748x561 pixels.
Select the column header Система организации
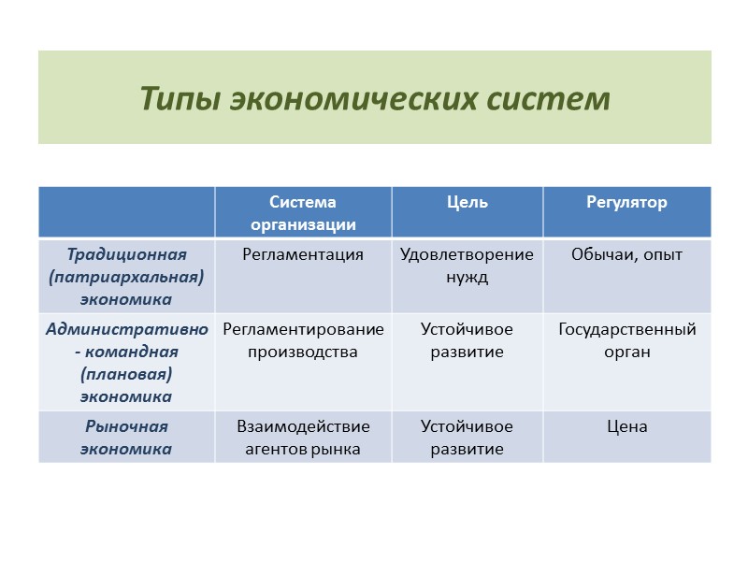pyautogui.click(x=303, y=213)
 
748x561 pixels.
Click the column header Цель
pyautogui.click(x=467, y=203)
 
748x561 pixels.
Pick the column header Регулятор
pyautogui.click(x=626, y=203)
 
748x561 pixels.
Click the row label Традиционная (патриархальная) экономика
pyautogui.click(x=127, y=277)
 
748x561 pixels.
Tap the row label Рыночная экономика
pyautogui.click(x=127, y=438)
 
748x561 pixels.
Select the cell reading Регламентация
pyautogui.click(x=303, y=254)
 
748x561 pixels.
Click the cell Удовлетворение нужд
pyautogui.click(x=467, y=266)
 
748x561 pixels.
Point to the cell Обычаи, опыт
pyautogui.click(x=626, y=254)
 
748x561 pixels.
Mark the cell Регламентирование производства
pyautogui.click(x=303, y=340)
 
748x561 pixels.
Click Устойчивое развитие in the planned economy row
pyautogui.click(x=467, y=340)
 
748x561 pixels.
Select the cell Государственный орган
pyautogui.click(x=626, y=340)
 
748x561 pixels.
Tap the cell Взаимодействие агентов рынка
pyautogui.click(x=303, y=438)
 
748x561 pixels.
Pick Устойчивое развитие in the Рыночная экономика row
pyautogui.click(x=467, y=438)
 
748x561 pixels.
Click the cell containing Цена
pyautogui.click(x=626, y=427)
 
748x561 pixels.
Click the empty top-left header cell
pyautogui.click(x=127, y=212)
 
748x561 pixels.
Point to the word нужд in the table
pyautogui.click(x=467, y=278)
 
